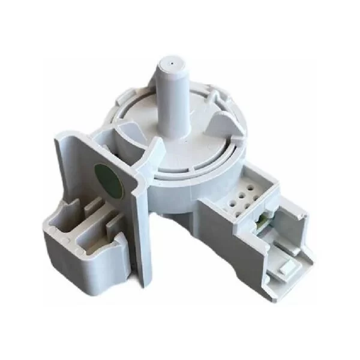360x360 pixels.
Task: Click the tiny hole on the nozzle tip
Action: coord(172,61)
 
